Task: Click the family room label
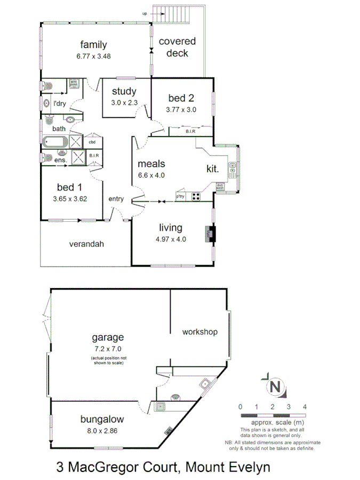click(93, 45)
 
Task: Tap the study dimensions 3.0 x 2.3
click(124, 102)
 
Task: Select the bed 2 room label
click(181, 98)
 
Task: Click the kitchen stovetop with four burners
click(196, 196)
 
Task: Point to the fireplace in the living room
click(211, 234)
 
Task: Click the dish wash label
click(220, 187)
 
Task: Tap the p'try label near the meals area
click(181, 196)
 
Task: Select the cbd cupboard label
click(92, 142)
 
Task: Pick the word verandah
click(86, 244)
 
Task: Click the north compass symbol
click(275, 386)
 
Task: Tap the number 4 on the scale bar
click(305, 406)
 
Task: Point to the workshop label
click(200, 332)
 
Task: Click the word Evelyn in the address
click(243, 467)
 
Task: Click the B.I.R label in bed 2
click(190, 131)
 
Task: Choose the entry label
click(116, 199)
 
